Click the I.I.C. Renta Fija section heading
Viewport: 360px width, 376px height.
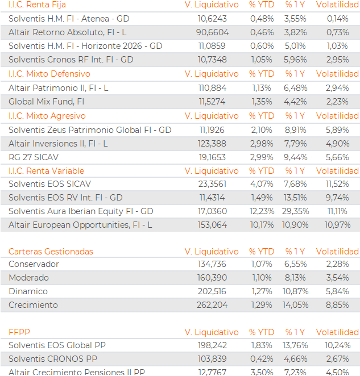pos(37,5)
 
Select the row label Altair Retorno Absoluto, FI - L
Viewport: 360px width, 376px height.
pos(68,32)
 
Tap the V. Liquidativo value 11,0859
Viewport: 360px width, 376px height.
pos(212,46)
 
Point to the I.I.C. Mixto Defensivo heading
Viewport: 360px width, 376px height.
pos(49,74)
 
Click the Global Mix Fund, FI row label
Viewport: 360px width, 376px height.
pos(47,102)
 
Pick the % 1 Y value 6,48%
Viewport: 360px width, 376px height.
pos(295,88)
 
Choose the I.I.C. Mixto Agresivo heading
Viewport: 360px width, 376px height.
pos(47,116)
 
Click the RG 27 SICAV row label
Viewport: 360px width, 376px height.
pos(34,157)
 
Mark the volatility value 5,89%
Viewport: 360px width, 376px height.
pos(337,130)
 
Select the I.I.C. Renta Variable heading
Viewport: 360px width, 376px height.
pos(47,171)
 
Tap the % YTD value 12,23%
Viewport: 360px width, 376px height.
pos(262,211)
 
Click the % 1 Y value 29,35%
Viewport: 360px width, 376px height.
pos(295,211)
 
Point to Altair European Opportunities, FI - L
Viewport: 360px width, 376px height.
pos(80,225)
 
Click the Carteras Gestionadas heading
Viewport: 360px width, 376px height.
pos(51,252)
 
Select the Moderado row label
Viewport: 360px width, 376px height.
pos(28,278)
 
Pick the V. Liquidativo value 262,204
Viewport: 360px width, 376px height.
pos(212,305)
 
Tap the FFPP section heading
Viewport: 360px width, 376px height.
pos(19,332)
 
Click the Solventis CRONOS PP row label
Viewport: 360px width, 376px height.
pos(53,359)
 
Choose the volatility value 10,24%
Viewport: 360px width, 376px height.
pos(337,345)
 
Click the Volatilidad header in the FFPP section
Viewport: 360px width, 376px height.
pos(337,332)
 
